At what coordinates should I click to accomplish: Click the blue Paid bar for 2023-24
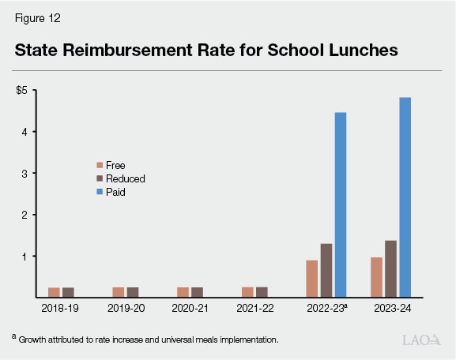point(405,197)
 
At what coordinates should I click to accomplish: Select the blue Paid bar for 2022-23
point(341,204)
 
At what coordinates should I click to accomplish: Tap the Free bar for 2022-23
point(312,279)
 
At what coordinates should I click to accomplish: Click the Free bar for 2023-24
point(376,277)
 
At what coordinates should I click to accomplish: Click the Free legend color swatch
point(100,165)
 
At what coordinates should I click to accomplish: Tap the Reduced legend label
point(126,178)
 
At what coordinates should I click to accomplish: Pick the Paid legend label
point(116,191)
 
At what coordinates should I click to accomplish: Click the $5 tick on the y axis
point(22,90)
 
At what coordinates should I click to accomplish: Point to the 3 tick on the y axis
point(25,173)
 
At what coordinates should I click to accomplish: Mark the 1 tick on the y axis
point(25,257)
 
